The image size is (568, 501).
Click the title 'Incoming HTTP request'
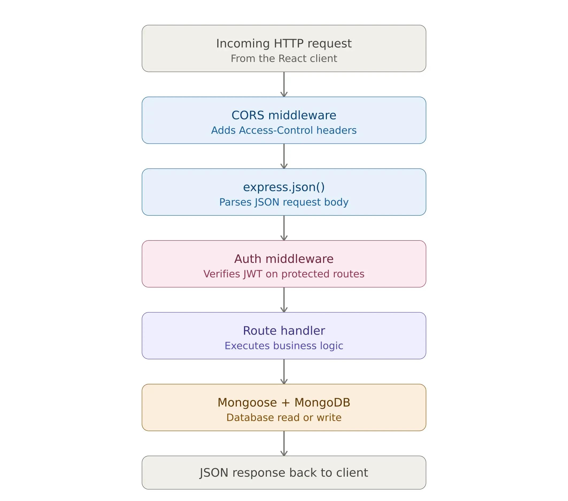(x=284, y=44)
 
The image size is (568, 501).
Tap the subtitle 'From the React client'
(x=284, y=59)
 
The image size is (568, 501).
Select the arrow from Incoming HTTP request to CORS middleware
(x=284, y=84)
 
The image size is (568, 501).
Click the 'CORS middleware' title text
(x=284, y=115)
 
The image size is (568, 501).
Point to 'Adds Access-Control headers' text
(x=284, y=130)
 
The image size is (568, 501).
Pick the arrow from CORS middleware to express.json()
(x=284, y=156)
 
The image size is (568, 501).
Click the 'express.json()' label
(x=284, y=187)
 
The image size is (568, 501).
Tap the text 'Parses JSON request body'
(x=284, y=202)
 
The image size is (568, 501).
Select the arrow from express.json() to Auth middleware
(x=284, y=228)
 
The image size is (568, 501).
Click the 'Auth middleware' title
(x=284, y=259)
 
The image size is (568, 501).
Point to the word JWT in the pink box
(x=253, y=274)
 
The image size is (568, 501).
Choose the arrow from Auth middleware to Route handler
(x=284, y=300)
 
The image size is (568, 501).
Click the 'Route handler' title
(x=284, y=331)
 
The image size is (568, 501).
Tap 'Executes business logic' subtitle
(x=284, y=346)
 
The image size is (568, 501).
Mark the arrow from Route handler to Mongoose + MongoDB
(x=284, y=372)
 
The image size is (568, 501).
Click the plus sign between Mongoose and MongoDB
(x=285, y=403)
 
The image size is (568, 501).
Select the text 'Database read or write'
(x=284, y=418)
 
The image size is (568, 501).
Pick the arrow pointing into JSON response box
(x=284, y=443)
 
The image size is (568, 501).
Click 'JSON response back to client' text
(x=284, y=473)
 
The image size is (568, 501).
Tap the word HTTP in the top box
(x=288, y=44)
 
